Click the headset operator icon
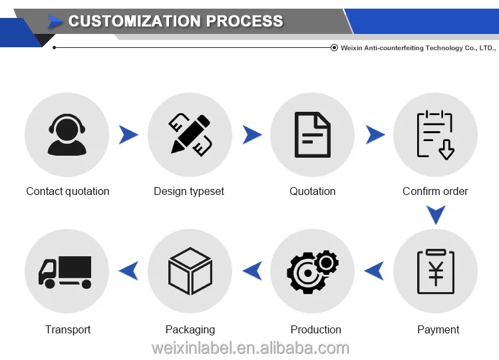pos(67,135)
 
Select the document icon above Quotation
pos(312,135)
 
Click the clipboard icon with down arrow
pos(435,135)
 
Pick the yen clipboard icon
pos(435,271)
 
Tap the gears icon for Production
pos(312,271)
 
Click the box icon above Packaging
pos(190,271)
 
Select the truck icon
pos(67,271)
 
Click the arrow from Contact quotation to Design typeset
pos(128,135)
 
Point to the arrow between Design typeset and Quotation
pos(251,135)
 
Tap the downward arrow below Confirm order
pos(435,214)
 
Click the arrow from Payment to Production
pos(374,271)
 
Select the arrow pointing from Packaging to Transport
pos(128,271)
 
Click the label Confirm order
pos(435,192)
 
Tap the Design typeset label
pos(189,192)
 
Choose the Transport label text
pos(68,329)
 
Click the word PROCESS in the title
pos(244,21)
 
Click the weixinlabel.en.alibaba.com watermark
pos(249,348)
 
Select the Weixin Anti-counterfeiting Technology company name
pos(418,48)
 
